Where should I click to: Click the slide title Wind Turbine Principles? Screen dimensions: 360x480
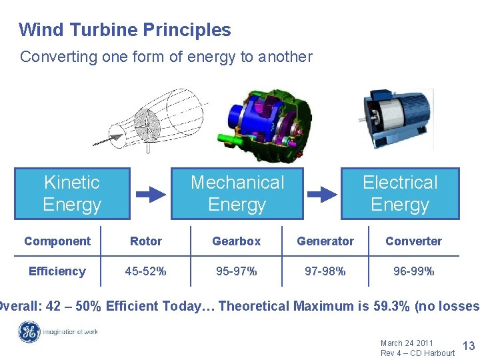click(125, 30)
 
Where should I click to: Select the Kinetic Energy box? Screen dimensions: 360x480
click(72, 193)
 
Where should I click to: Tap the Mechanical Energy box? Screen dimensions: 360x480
click(237, 193)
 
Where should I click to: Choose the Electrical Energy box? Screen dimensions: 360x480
click(400, 193)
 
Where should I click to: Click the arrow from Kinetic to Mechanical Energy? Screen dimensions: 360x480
click(151, 194)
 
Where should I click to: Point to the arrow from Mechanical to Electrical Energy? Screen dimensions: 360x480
click(323, 194)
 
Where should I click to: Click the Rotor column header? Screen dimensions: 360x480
click(146, 241)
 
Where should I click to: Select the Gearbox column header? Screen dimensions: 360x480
click(236, 241)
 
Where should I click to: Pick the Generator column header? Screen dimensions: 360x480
click(325, 241)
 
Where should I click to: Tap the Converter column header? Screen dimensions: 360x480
click(413, 241)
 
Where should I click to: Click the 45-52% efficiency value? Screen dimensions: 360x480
click(146, 271)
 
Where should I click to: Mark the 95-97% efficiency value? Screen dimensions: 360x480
click(236, 271)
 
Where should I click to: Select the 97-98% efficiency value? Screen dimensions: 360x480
click(325, 271)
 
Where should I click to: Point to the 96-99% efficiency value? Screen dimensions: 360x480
click(413, 271)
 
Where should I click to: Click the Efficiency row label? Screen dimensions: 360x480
click(57, 271)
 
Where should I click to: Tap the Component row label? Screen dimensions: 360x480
click(57, 241)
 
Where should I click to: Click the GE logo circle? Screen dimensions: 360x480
click(29, 332)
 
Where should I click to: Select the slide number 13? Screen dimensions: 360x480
click(468, 345)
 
